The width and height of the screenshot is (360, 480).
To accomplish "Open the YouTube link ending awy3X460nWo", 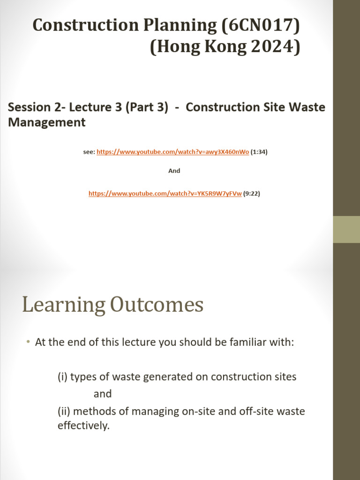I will tap(172, 152).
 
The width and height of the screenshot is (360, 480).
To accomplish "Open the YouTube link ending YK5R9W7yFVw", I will tap(165, 193).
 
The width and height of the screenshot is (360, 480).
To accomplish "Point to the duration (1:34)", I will tap(259, 152).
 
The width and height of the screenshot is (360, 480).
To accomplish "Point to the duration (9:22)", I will tap(252, 193).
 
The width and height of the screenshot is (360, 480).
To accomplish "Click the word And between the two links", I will tap(174, 171).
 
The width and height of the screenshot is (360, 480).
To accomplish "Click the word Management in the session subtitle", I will tap(47, 123).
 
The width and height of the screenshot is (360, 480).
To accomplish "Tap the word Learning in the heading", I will tap(63, 305).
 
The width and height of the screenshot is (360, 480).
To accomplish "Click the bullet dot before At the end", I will tap(28, 343).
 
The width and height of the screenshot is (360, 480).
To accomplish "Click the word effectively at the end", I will tap(83, 426).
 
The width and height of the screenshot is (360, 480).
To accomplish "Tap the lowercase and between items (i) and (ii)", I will tap(103, 394).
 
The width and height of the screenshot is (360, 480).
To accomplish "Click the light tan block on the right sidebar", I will tap(346, 229).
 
